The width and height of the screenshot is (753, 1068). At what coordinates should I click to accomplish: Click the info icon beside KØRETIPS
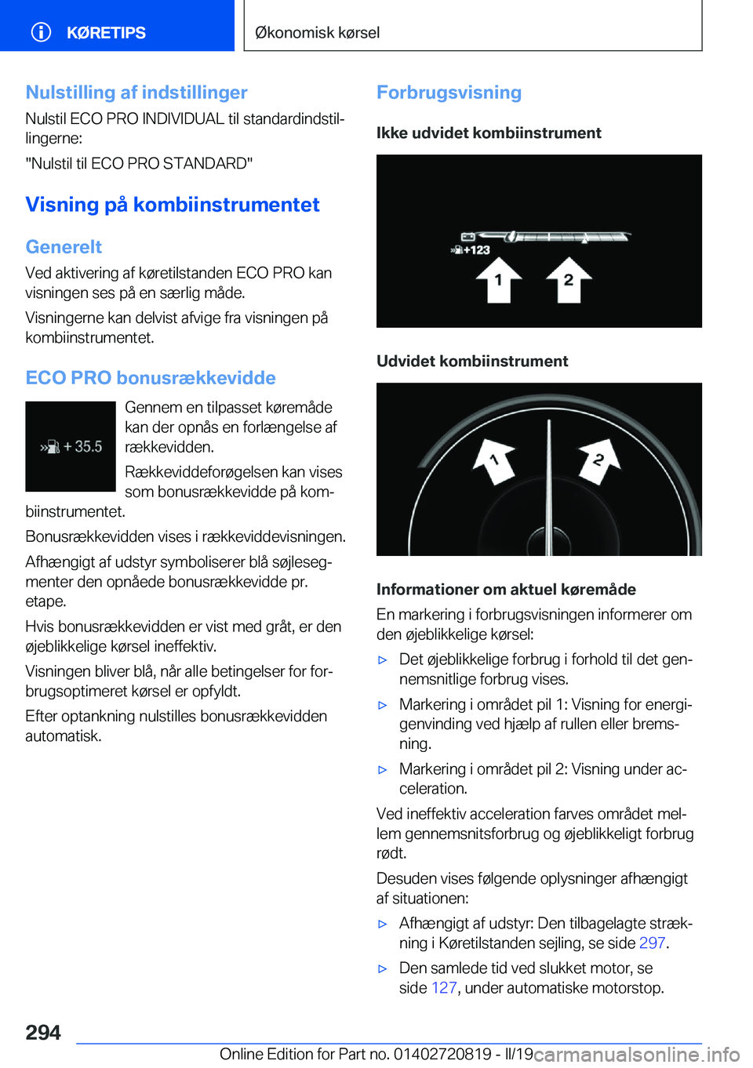41,32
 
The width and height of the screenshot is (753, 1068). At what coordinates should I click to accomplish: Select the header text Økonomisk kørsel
318,33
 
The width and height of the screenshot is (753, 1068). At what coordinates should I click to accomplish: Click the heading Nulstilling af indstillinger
136,93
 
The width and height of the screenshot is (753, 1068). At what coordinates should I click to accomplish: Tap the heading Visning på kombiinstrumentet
173,205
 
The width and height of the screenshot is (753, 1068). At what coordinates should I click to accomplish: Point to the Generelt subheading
64,247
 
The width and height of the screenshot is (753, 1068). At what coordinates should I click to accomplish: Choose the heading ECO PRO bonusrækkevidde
151,378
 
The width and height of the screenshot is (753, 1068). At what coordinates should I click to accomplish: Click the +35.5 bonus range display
71,447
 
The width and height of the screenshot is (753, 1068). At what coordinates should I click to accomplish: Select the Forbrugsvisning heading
449,93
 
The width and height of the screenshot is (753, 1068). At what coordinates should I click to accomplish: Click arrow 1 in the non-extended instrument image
498,280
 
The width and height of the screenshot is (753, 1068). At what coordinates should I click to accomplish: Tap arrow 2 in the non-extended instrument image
569,280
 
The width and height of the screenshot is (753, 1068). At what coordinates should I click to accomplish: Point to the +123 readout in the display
471,250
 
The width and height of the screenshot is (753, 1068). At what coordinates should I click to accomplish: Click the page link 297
652,943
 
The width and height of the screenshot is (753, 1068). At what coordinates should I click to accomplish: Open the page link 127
444,988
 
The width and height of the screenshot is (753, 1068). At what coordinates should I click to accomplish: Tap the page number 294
43,1033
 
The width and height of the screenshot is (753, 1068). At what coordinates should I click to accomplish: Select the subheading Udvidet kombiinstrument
472,361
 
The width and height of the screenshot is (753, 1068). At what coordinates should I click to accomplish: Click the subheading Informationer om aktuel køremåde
506,590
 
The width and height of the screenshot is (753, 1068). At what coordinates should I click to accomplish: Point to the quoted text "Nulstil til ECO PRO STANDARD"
139,164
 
